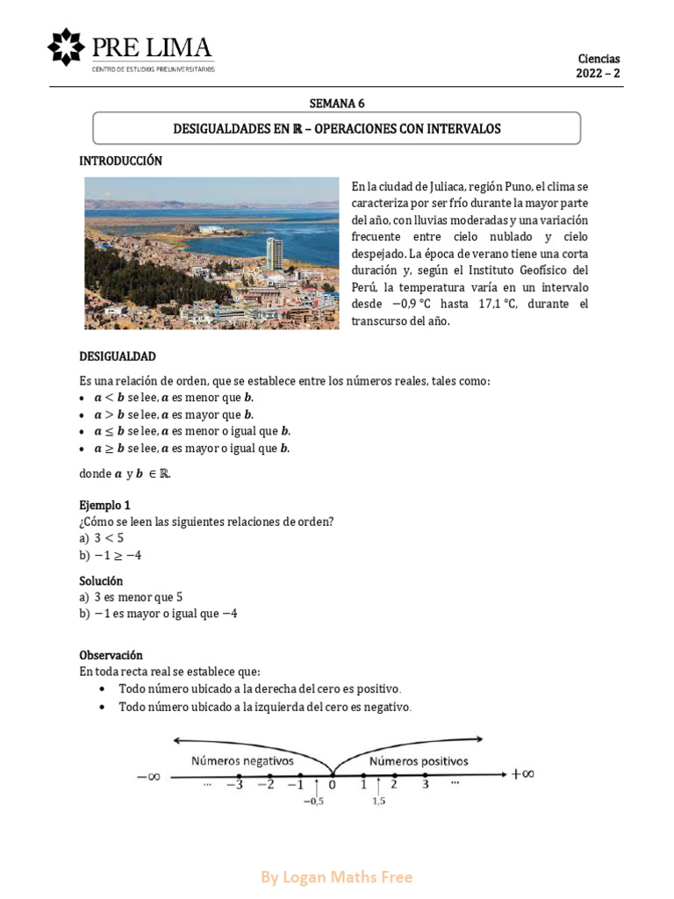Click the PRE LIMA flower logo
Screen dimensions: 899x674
click(66, 47)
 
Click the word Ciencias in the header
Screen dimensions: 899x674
click(599, 59)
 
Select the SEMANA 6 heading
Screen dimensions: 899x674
click(337, 103)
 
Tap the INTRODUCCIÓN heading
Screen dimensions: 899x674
click(121, 161)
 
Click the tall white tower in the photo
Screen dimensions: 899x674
click(275, 253)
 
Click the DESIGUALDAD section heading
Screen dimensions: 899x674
click(118, 356)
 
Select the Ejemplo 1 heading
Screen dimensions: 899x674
click(104, 505)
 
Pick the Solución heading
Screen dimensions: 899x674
click(101, 580)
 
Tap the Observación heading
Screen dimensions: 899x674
click(111, 655)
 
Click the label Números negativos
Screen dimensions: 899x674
click(242, 760)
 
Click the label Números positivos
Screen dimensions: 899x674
click(419, 761)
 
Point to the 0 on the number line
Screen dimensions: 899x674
click(332, 785)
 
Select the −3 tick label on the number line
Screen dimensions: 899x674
click(235, 784)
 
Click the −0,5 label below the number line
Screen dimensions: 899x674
click(313, 802)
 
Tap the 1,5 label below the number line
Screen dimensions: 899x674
click(378, 802)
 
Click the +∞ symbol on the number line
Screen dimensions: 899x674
click(523, 773)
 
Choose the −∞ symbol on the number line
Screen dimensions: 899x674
click(148, 776)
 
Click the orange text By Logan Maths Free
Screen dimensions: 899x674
click(337, 877)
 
